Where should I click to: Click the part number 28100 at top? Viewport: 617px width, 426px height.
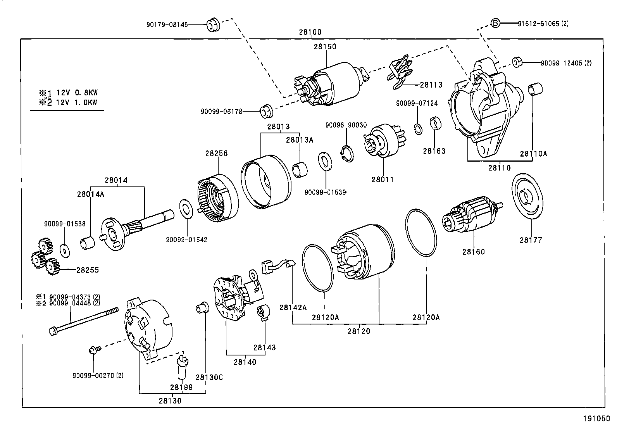[x=310, y=33]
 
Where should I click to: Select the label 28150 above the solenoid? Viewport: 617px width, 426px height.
[x=325, y=47]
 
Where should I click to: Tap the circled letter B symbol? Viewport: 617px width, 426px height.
[x=495, y=23]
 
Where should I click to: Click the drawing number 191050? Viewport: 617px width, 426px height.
[x=596, y=419]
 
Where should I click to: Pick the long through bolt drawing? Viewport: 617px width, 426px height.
[x=83, y=319]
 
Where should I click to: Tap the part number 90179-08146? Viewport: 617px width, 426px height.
[x=167, y=25]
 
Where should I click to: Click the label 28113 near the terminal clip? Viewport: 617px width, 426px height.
[x=431, y=85]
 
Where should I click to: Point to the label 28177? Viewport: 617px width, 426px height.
[x=531, y=240]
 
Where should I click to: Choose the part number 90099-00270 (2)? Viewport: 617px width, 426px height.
[x=98, y=376]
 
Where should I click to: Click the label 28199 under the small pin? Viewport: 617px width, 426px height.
[x=181, y=387]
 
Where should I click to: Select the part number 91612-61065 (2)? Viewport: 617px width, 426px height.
[x=543, y=24]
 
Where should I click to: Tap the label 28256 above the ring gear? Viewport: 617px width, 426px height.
[x=216, y=153]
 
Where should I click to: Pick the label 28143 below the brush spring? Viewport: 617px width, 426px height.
[x=265, y=347]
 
